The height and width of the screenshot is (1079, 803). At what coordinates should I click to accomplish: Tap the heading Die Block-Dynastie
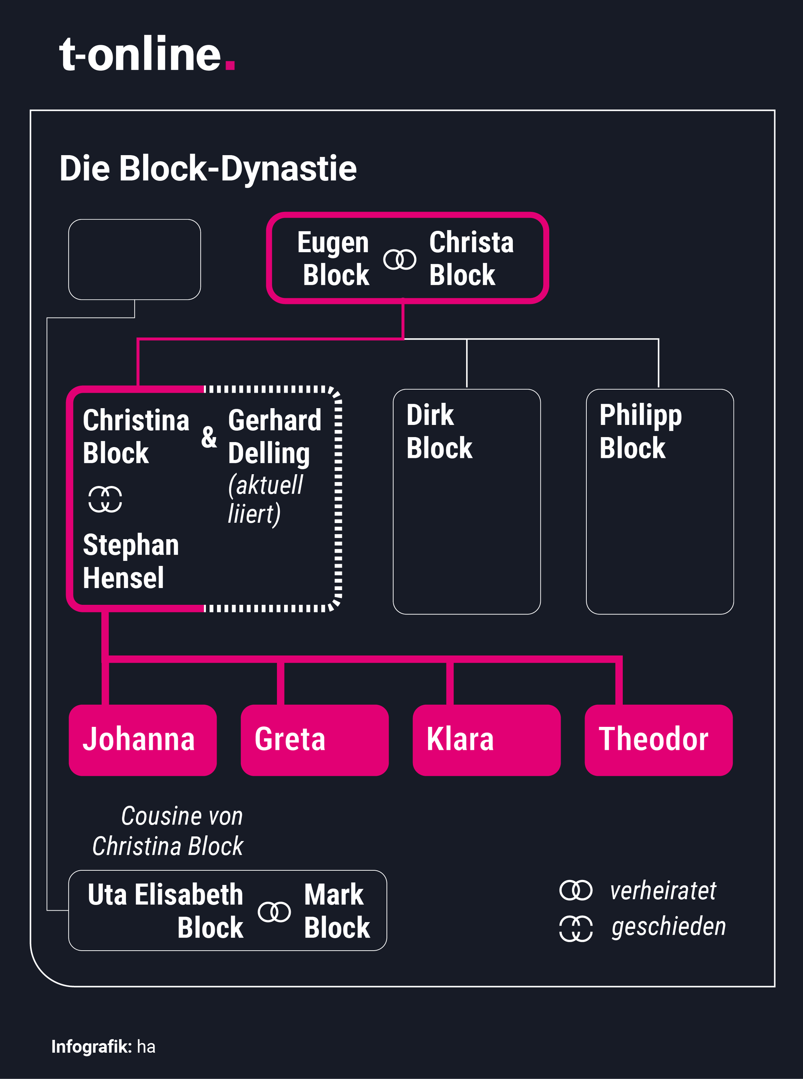click(x=208, y=168)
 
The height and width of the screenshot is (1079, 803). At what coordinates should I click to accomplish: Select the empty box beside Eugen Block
click(x=134, y=260)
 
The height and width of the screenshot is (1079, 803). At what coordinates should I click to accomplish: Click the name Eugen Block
click(x=333, y=258)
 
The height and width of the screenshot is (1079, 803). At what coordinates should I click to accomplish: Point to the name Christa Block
click(x=471, y=258)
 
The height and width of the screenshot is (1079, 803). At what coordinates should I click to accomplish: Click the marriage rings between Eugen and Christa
click(x=399, y=260)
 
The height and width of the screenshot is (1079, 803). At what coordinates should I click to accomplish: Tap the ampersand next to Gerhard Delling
click(x=209, y=437)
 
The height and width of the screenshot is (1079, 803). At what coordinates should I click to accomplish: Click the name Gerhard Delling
click(x=275, y=437)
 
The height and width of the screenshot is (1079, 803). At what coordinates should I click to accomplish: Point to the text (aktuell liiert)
click(x=266, y=499)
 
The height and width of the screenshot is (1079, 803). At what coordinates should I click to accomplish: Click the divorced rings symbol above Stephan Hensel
click(x=105, y=499)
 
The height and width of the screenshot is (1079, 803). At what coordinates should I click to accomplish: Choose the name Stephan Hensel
click(x=131, y=561)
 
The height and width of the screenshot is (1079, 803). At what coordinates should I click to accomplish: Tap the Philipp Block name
click(x=641, y=431)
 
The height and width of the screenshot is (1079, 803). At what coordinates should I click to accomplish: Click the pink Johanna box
click(x=143, y=740)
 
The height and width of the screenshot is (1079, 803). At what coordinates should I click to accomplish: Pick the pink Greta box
click(x=315, y=740)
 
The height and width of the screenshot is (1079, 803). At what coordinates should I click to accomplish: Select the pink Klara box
click(x=486, y=740)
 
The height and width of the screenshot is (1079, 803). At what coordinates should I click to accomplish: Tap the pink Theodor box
click(x=659, y=740)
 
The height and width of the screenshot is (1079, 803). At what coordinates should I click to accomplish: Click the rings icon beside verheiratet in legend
click(x=576, y=890)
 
